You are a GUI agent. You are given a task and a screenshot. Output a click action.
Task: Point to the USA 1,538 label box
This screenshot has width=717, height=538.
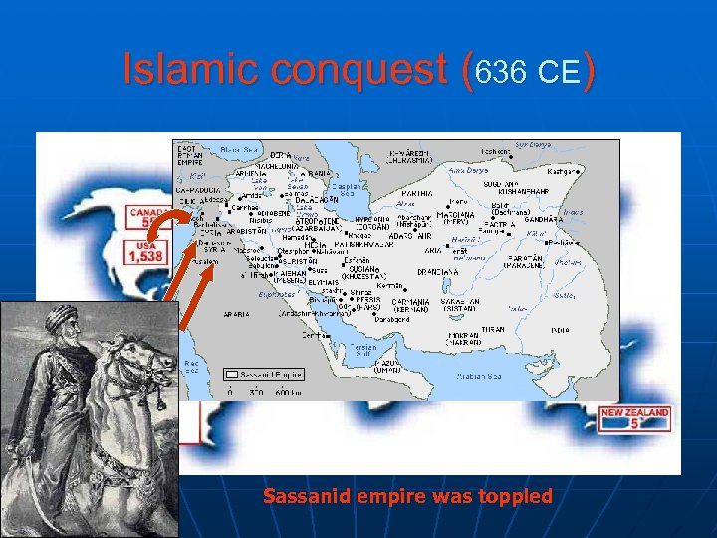144,251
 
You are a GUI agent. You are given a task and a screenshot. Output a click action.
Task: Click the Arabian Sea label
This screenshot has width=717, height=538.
480,377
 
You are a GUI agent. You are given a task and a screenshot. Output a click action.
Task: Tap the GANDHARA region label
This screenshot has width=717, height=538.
542,219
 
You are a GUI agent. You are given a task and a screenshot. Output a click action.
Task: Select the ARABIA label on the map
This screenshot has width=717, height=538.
236,314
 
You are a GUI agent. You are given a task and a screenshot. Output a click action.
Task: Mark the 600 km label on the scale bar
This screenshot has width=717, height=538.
290,394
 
